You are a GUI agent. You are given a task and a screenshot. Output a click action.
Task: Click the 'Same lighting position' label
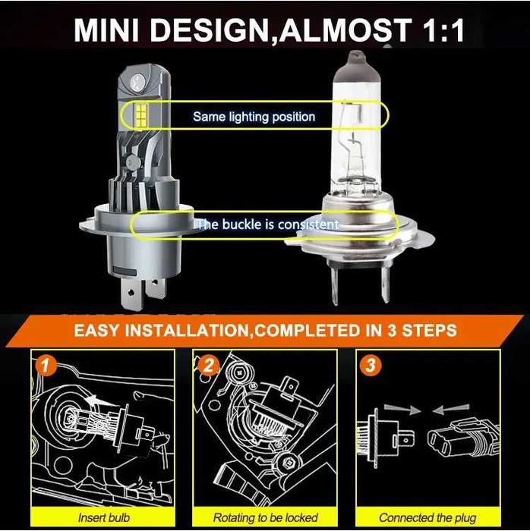click(x=254, y=117)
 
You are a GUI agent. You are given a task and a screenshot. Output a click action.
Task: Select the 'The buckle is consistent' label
click(x=267, y=225)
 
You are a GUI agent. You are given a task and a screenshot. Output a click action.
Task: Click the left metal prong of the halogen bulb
click(x=333, y=284)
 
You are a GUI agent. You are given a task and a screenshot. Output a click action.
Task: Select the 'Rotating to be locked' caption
click(x=265, y=517)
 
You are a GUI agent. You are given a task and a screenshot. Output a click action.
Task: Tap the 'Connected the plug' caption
click(x=427, y=517)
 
